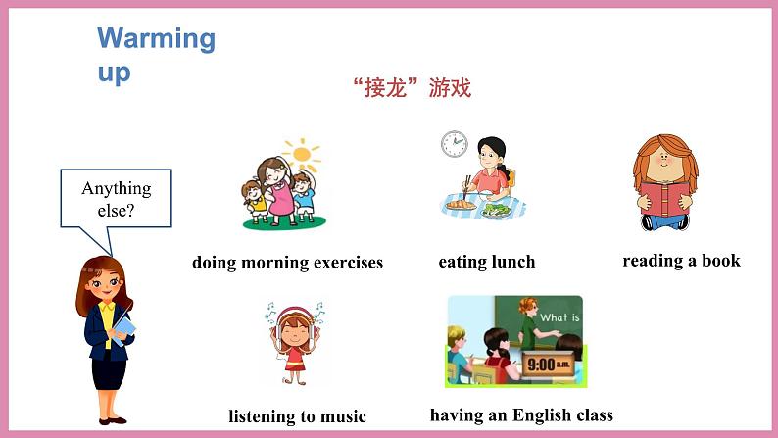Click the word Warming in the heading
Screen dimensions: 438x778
coord(156,39)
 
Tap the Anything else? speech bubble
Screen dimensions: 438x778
coord(116,197)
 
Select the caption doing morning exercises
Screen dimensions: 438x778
coord(287,263)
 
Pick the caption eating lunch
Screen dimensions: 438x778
coord(487,262)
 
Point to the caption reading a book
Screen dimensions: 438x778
coord(681,261)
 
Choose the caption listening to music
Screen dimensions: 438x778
coord(297,416)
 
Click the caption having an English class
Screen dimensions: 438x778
coord(521,415)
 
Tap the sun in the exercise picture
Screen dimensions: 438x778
coord(303,154)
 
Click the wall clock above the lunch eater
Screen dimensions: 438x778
coord(454,144)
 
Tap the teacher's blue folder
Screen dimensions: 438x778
coord(123,326)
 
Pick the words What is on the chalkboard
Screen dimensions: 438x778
coord(559,317)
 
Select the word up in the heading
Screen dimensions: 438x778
coord(114,73)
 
